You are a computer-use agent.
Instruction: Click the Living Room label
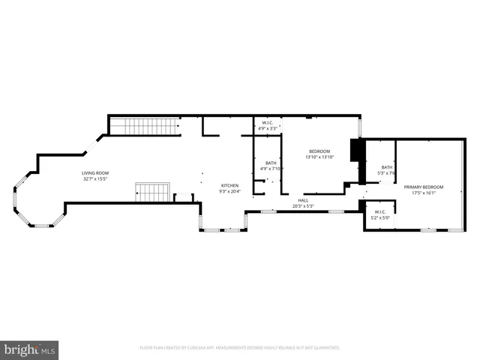click(95, 173)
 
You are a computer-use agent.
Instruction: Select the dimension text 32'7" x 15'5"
click(95, 179)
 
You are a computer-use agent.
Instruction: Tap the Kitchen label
click(229, 185)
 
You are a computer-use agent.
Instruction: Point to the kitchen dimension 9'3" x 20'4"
click(229, 191)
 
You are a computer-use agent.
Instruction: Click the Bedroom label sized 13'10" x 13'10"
click(319, 151)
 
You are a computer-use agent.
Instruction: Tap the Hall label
click(303, 199)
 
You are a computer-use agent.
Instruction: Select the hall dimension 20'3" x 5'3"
click(303, 205)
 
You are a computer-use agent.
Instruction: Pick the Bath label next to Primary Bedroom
click(386, 167)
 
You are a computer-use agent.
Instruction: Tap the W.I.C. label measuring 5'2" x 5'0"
click(380, 212)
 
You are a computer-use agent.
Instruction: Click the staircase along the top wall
click(143, 127)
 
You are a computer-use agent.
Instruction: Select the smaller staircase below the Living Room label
click(154, 193)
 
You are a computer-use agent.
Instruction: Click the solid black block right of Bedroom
click(357, 151)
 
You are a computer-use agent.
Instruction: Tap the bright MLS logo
click(29, 349)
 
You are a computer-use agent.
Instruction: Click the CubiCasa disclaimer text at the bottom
click(240, 348)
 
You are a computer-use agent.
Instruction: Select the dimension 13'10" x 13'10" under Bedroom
click(319, 157)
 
